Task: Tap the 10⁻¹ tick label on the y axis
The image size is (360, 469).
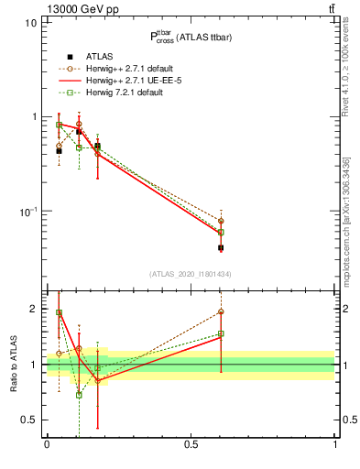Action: pyautogui.click(x=27, y=211)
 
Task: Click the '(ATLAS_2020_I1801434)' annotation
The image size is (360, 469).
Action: pyautogui.click(x=190, y=274)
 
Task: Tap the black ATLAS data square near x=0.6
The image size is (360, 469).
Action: pyautogui.click(x=221, y=247)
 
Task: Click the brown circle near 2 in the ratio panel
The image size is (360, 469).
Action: pyautogui.click(x=221, y=312)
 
